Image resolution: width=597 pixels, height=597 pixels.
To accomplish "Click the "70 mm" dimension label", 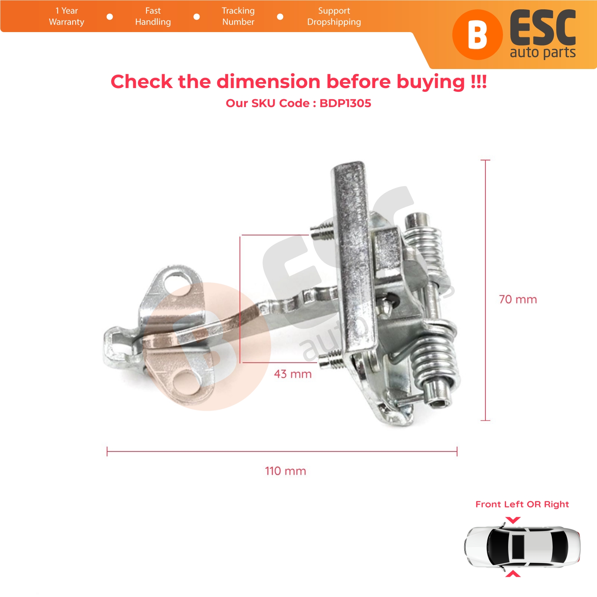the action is [518, 299].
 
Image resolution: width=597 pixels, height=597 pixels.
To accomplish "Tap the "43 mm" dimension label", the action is [293, 374].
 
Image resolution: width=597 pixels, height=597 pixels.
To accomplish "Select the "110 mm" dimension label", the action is [285, 471].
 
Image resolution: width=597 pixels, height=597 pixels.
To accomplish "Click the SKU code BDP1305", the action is [345, 103].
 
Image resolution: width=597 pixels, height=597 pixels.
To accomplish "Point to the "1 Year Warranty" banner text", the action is [67, 16].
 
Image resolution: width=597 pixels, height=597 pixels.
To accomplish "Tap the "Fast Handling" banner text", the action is [153, 16].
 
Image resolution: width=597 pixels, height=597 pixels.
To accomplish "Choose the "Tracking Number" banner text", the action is [238, 16].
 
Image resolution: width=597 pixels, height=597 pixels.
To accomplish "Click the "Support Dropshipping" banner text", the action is [334, 16].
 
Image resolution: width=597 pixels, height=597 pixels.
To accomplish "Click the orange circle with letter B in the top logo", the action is [478, 35].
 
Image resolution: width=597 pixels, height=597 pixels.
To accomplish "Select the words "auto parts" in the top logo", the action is [543, 52].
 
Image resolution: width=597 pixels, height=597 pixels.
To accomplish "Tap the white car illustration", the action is [522, 547].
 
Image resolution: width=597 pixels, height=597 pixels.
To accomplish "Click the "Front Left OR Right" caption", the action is [522, 504].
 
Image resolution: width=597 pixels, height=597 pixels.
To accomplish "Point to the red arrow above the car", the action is [513, 520].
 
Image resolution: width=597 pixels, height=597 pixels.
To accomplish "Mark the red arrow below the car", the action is [513, 574].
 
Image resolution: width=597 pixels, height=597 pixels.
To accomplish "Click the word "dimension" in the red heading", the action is [268, 81].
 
